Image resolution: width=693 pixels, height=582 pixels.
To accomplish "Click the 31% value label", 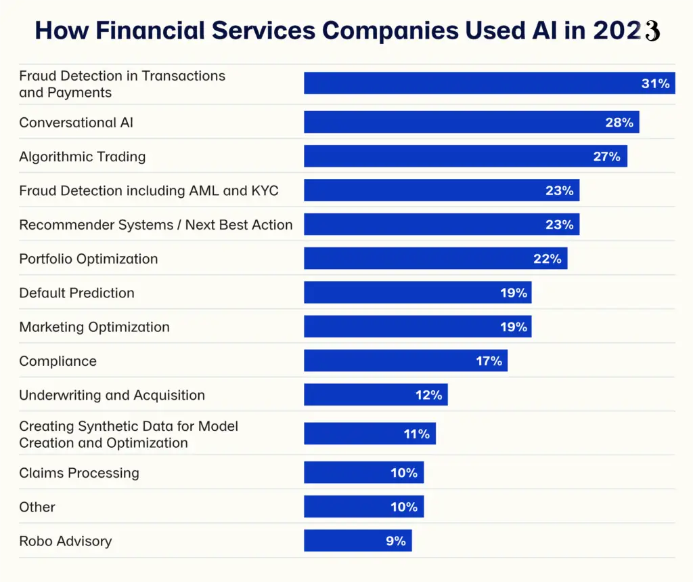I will (655, 83).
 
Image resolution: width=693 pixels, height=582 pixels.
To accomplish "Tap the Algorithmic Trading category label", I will (82, 157).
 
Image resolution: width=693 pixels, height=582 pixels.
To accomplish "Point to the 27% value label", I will (606, 157).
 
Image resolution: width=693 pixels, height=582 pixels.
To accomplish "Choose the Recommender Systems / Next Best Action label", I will (156, 225).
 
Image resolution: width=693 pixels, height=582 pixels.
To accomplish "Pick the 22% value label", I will (547, 259).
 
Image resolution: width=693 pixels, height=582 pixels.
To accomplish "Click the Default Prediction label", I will (76, 293).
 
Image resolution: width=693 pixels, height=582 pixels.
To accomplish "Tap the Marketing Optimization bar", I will (406, 327).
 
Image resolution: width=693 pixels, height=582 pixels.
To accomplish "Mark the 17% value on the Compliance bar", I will (489, 361).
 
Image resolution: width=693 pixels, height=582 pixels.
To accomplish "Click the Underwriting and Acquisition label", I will (112, 395).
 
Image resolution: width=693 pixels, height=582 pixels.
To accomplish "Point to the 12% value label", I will (428, 395).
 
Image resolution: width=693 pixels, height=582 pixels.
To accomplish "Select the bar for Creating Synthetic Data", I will (359, 434).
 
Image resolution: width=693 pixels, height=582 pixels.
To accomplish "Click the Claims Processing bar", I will (352, 473).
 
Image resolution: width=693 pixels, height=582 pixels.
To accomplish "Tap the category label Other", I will (37, 507).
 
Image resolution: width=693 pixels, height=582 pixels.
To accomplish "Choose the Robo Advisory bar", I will (345, 541).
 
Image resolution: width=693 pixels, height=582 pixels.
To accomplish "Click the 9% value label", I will (395, 541).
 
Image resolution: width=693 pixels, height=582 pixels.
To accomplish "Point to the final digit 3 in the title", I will (652, 31).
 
